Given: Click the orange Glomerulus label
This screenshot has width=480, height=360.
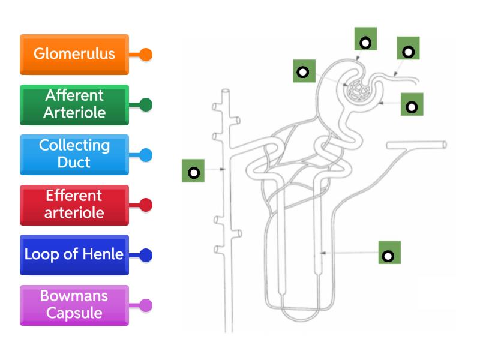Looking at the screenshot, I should point(74,54).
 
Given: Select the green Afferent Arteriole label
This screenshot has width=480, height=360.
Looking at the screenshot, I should point(74,104).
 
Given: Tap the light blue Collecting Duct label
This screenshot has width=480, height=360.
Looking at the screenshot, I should point(74,154).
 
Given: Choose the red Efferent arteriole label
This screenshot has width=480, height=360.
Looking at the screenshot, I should point(74,205).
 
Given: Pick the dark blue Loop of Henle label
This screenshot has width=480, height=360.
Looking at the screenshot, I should point(74,254).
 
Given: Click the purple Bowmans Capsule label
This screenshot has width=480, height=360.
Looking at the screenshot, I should point(74,305).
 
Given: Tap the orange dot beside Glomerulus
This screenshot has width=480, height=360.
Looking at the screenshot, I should point(146,55).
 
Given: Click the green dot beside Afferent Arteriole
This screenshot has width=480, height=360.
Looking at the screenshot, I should point(146,105).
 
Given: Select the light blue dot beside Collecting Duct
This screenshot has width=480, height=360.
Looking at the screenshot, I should point(146,155).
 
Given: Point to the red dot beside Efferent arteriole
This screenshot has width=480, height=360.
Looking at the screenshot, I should point(146,205).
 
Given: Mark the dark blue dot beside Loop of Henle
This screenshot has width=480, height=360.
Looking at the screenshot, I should point(146,256).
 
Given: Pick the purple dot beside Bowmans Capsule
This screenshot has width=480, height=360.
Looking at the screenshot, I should point(146,305).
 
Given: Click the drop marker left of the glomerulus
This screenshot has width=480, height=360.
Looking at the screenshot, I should point(304,71).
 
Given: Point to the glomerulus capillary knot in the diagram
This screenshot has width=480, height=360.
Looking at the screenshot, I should point(360,90).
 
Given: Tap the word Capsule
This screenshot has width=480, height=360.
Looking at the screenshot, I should point(74,313).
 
